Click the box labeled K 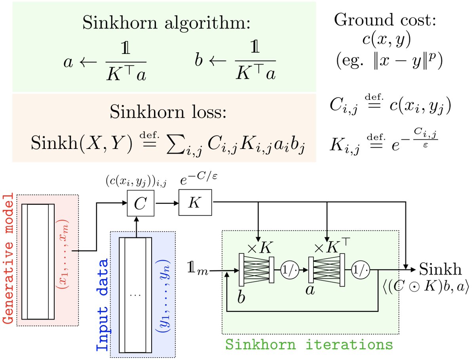[x=195, y=204]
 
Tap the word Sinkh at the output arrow [x=440, y=269]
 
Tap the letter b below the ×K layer [x=241, y=298]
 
